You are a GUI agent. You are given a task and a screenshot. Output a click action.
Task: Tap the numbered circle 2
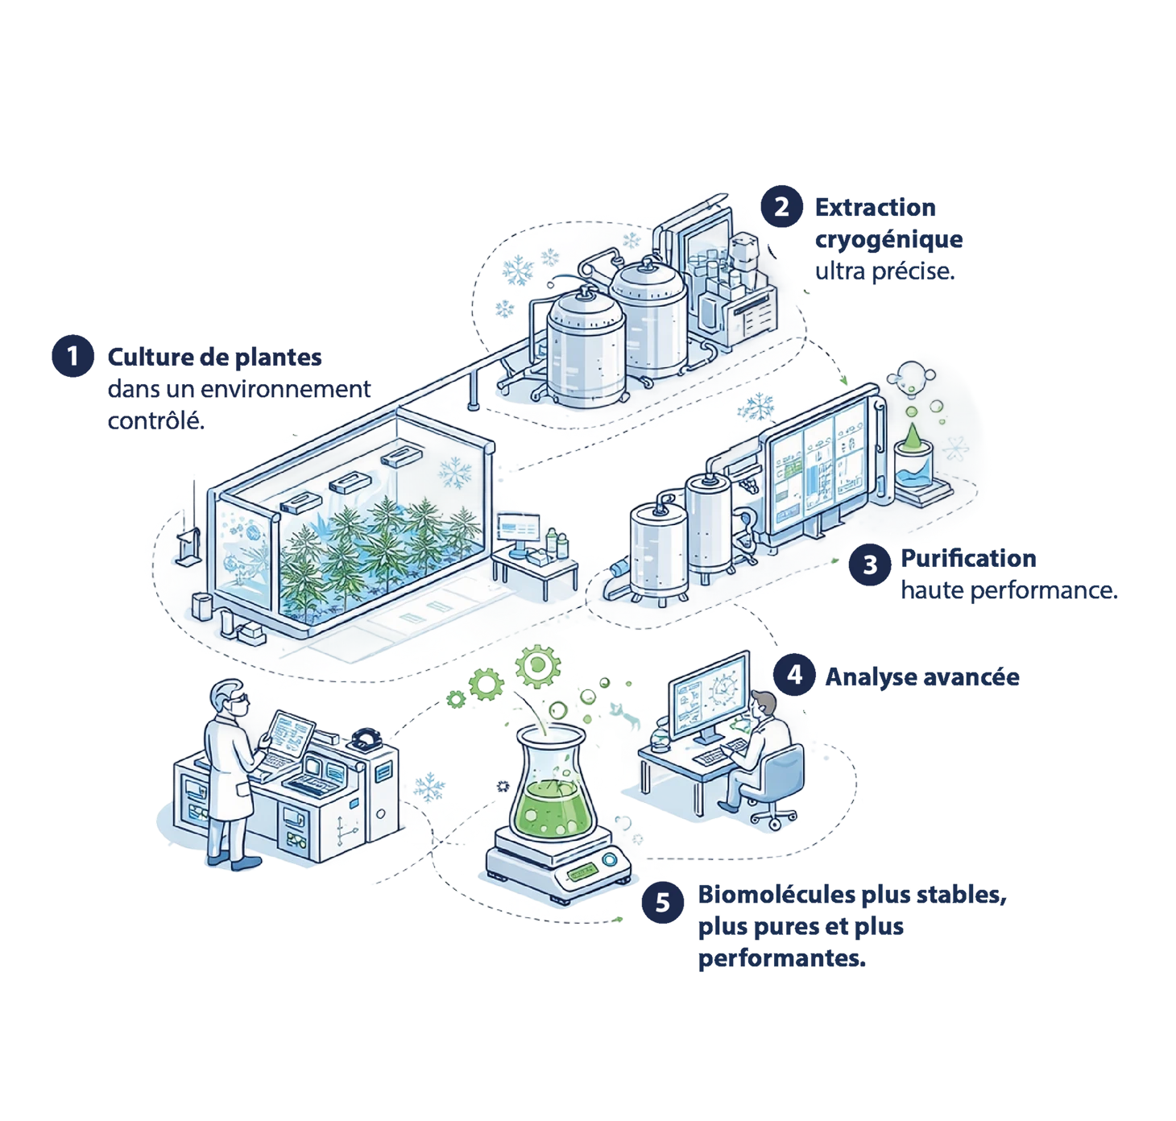[x=781, y=208]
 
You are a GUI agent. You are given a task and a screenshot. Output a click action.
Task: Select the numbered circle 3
[x=870, y=563]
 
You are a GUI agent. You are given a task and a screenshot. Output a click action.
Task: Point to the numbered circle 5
[x=663, y=902]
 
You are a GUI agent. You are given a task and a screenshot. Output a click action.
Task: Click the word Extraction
[x=875, y=209]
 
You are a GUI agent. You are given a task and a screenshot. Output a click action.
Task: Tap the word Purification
[x=968, y=559]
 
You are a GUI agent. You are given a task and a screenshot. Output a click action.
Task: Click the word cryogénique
[x=888, y=240]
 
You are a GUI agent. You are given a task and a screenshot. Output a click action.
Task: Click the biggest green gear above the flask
[x=534, y=664]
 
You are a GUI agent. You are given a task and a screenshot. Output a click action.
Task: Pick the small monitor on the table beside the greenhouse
[x=520, y=528]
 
